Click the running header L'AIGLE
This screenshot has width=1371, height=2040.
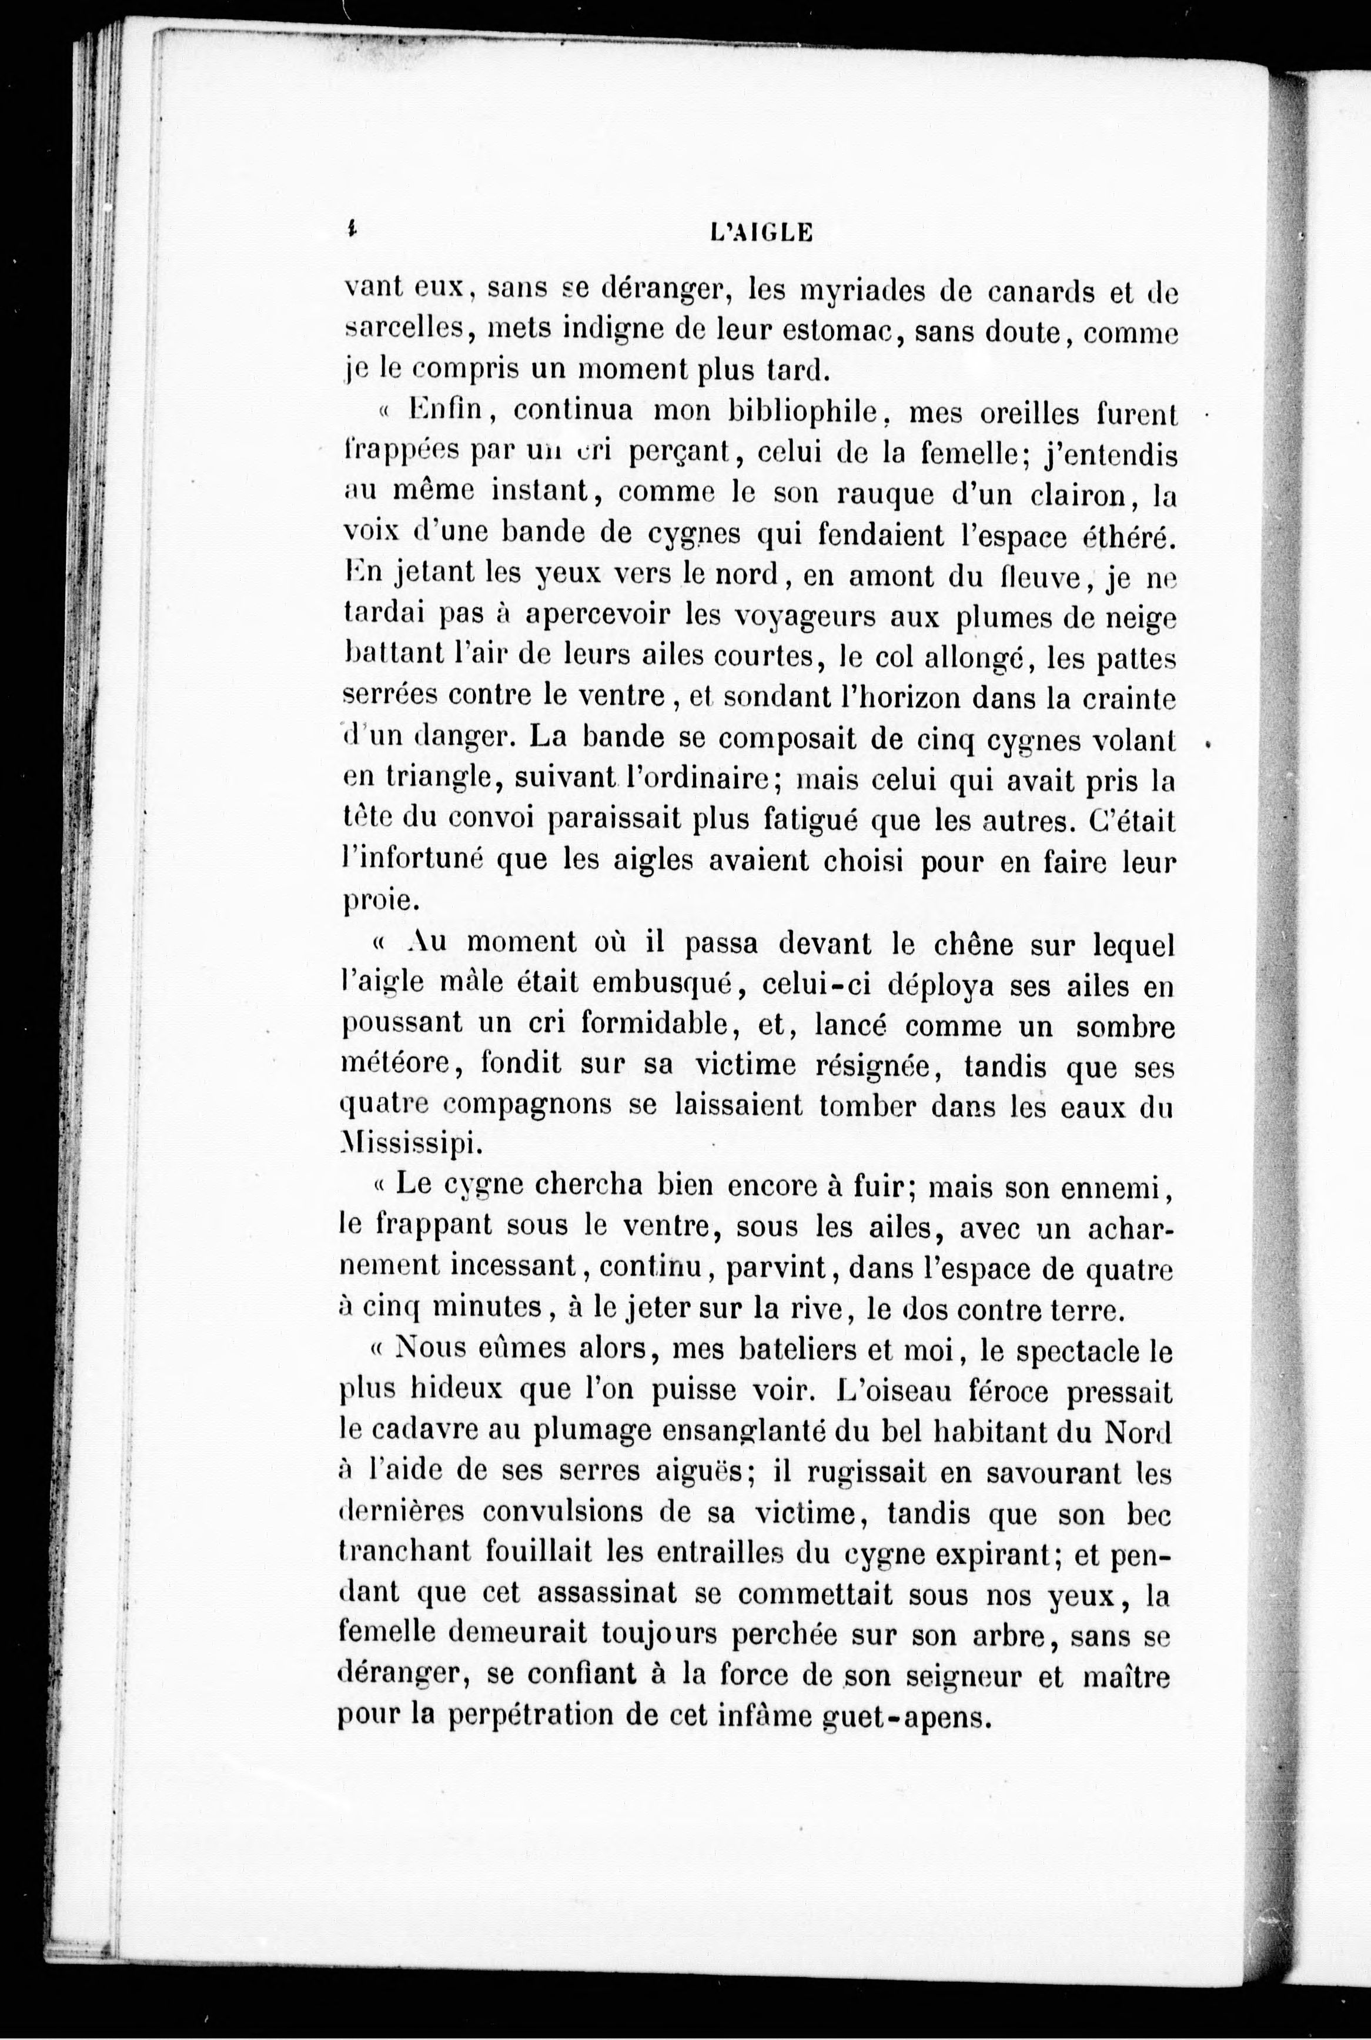(763, 233)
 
